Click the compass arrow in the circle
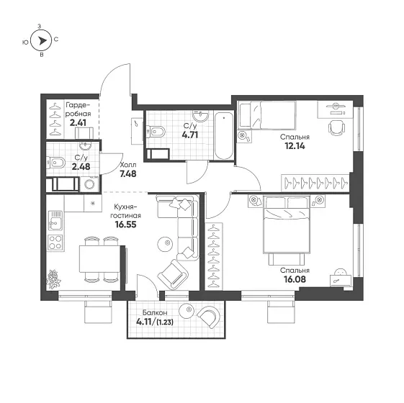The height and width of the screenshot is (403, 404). tap(42, 41)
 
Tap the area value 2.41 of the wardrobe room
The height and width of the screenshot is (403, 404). tap(78, 122)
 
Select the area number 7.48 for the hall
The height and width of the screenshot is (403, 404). tap(128, 174)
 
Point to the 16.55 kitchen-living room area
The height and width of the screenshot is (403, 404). tap(125, 225)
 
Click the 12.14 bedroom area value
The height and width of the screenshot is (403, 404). tap(295, 146)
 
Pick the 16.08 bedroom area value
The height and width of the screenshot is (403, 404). tap(295, 279)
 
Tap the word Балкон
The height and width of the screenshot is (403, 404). tap(155, 312)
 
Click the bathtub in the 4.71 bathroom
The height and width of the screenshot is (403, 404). tap(224, 136)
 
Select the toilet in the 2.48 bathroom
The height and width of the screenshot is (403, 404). tap(55, 163)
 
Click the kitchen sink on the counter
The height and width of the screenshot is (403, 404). tap(55, 221)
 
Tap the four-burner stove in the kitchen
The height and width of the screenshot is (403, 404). tap(55, 243)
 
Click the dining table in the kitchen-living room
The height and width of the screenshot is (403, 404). tap(99, 258)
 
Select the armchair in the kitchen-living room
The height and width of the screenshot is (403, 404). tap(173, 274)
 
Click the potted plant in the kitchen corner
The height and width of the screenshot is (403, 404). tap(53, 279)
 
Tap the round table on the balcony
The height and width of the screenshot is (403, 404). tap(187, 311)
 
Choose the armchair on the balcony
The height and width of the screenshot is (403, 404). tap(209, 316)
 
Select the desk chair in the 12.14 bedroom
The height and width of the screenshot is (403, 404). tap(336, 127)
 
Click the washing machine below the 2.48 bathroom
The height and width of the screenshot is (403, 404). tap(89, 184)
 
